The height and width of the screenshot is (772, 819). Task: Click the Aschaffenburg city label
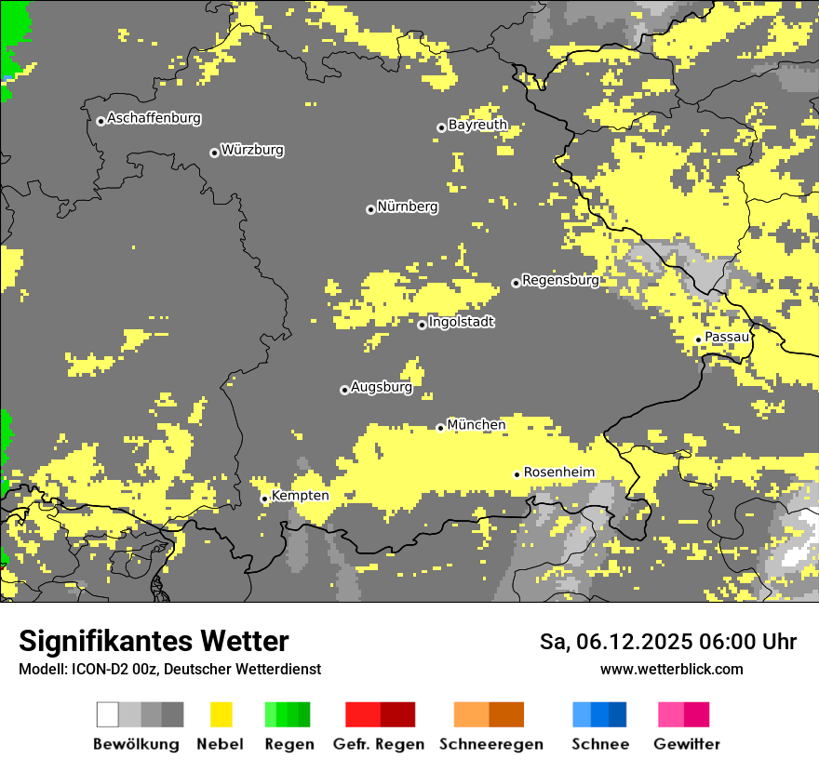pyautogui.click(x=154, y=118)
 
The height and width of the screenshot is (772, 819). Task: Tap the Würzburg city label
pyautogui.click(x=252, y=150)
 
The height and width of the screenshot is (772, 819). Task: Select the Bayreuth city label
pyautogui.click(x=477, y=125)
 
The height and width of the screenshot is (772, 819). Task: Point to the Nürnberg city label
pyautogui.click(x=407, y=207)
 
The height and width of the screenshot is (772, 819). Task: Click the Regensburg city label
pyautogui.click(x=560, y=280)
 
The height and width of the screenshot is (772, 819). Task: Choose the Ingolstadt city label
pyautogui.click(x=461, y=323)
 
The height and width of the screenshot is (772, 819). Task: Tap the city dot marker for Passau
pyautogui.click(x=698, y=339)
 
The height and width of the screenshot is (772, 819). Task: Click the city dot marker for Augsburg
pyautogui.click(x=344, y=390)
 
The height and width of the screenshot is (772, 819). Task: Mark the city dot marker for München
pyautogui.click(x=440, y=428)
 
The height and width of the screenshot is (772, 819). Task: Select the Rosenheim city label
pyautogui.click(x=558, y=473)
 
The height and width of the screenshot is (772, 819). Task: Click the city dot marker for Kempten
pyautogui.click(x=264, y=499)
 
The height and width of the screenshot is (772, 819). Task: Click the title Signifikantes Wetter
pyautogui.click(x=154, y=641)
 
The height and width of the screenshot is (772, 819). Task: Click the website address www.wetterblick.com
pyautogui.click(x=671, y=669)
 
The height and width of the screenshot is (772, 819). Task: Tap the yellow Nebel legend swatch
pyautogui.click(x=221, y=714)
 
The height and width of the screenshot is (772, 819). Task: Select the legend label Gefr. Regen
pyautogui.click(x=379, y=744)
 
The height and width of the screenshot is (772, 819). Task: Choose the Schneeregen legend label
pyautogui.click(x=490, y=744)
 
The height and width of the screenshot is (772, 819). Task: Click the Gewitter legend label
pyautogui.click(x=686, y=744)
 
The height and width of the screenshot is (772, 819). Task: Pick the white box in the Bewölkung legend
pyautogui.click(x=108, y=714)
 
